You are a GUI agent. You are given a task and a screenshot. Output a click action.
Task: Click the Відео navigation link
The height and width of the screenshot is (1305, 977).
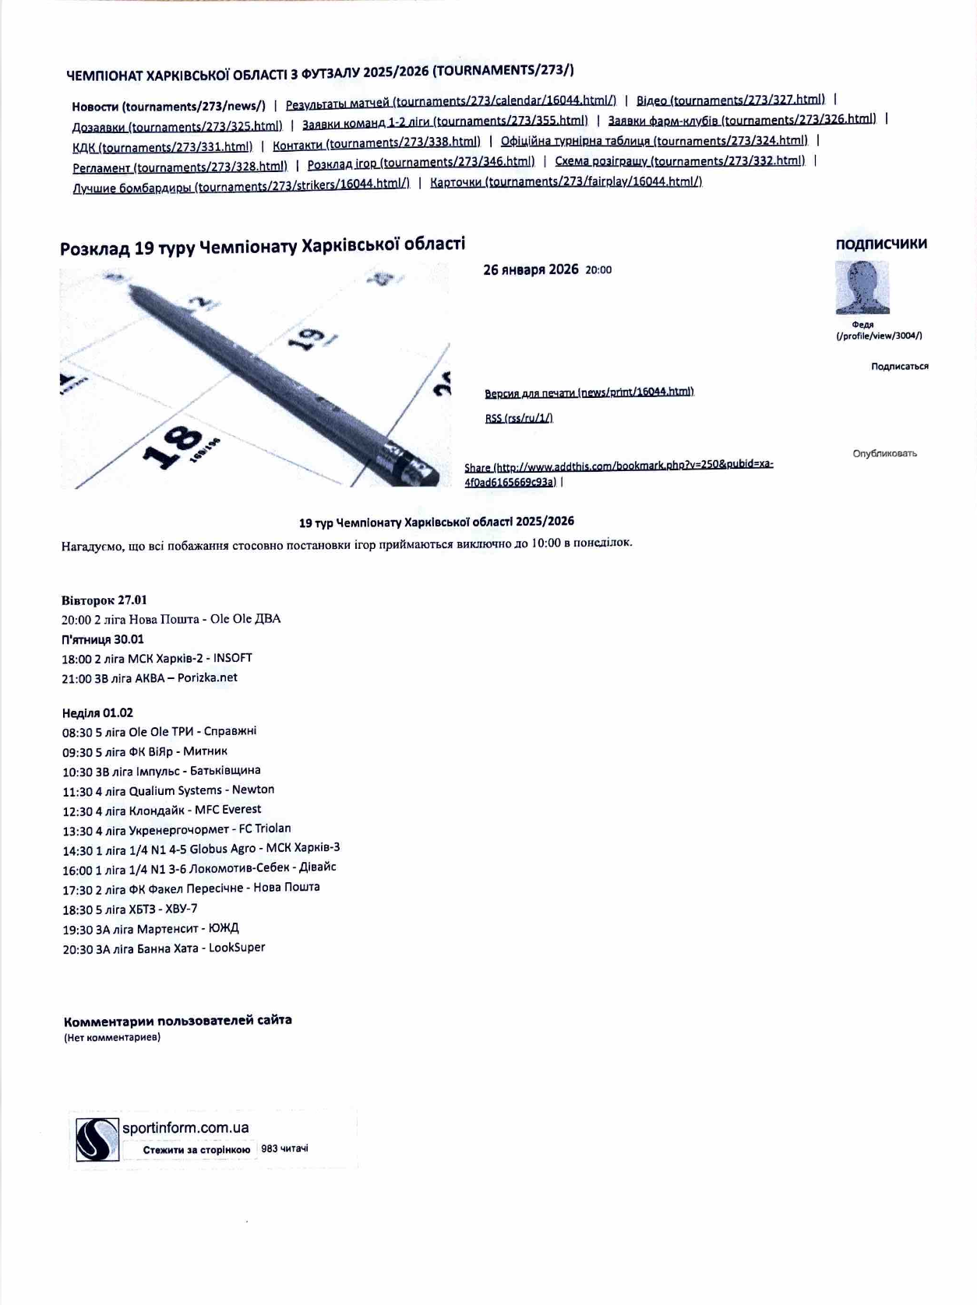[x=730, y=100]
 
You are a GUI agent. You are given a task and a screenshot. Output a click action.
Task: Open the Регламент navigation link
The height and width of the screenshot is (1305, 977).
[x=180, y=167]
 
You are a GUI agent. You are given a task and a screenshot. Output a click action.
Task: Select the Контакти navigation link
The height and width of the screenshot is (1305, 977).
[x=376, y=143]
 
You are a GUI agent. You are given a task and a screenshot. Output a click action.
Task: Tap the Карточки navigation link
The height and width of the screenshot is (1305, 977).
[x=566, y=181]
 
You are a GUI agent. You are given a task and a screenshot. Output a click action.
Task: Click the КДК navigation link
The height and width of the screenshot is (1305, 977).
[x=162, y=147]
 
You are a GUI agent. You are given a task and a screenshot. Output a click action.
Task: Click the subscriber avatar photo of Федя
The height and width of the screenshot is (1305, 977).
[x=862, y=287]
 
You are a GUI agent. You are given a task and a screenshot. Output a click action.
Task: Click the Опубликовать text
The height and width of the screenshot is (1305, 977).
[x=884, y=453]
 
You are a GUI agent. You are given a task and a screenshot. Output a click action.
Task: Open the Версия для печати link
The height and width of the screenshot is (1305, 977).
[x=589, y=392]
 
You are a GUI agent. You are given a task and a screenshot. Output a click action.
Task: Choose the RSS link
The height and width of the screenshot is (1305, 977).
[x=519, y=418]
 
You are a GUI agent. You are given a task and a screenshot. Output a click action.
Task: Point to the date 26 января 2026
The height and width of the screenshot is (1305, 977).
[x=531, y=270]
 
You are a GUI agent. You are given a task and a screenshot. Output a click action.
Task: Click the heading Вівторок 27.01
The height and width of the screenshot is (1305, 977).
[x=104, y=600]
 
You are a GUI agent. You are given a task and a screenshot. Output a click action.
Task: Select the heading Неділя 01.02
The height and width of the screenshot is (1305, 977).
[x=97, y=712]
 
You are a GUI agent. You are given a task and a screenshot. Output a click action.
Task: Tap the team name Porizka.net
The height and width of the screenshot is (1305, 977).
[x=207, y=677]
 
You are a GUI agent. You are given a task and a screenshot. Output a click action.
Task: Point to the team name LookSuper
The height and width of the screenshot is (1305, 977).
[x=237, y=948]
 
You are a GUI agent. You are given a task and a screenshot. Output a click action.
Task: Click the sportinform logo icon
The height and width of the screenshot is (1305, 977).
[x=97, y=1139]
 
